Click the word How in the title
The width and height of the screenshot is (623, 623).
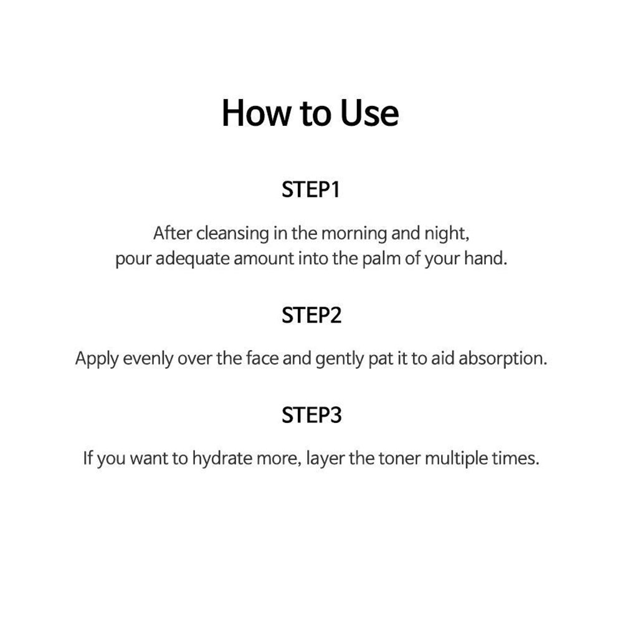pos(257,113)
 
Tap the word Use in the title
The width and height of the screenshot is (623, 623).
pos(369,113)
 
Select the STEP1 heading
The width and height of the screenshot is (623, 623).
pos(311,189)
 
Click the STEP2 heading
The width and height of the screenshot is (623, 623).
pos(311,315)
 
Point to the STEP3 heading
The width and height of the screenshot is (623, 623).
pos(311,415)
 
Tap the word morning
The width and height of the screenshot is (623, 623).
pos(354,234)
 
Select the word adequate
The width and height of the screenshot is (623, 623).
pos(193,259)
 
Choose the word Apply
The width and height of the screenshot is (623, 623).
pos(97,359)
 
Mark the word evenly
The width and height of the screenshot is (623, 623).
pos(148,359)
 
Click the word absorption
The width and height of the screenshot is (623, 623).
pos(503,359)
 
